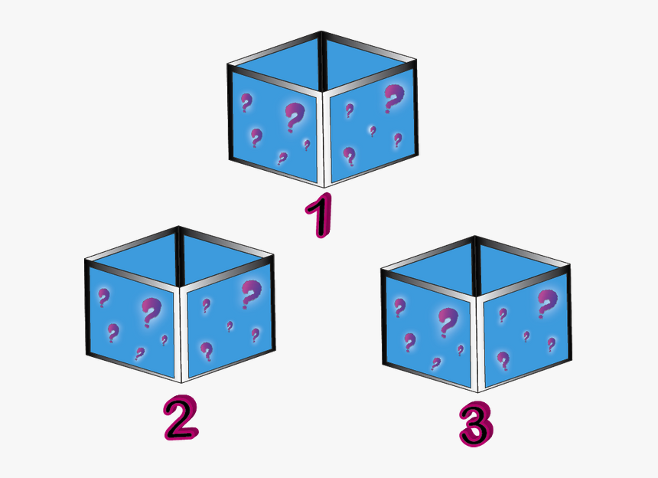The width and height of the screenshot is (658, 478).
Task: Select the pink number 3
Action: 475,424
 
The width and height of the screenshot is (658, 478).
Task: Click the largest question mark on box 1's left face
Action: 294,118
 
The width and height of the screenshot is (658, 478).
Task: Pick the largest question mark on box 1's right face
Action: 393,98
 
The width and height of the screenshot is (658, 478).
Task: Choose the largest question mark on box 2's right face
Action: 250,293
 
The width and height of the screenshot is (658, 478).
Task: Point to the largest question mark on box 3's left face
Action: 445,322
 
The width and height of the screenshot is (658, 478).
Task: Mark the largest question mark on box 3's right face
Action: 546,303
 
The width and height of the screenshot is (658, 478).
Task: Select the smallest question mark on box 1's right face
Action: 373,131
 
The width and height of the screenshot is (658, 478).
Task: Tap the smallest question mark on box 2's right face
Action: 230,326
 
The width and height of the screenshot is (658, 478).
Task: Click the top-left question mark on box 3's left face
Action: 399,307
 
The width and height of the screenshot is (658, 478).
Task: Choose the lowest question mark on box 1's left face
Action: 282,159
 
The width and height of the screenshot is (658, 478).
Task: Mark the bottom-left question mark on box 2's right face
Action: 206,351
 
